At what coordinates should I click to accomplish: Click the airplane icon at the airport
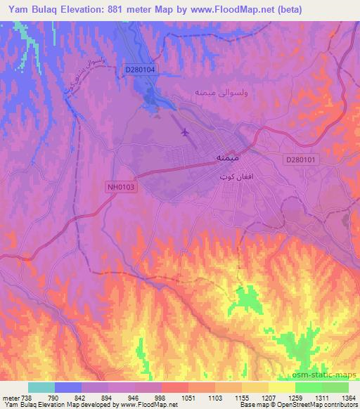tap(185, 131)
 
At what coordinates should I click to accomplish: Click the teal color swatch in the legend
tap(41, 387)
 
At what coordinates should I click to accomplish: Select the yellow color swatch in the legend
tap(281, 387)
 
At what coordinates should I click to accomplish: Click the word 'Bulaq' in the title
tap(53, 9)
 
